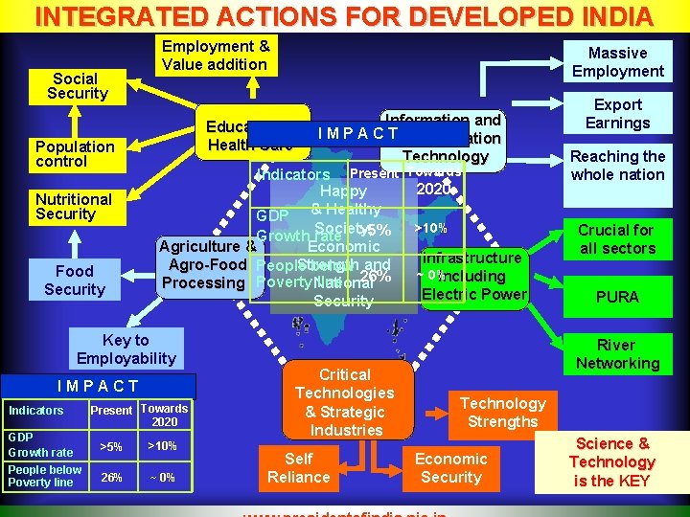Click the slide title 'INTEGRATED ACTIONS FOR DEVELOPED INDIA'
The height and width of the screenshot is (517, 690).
click(x=344, y=16)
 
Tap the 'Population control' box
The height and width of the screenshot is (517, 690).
click(x=75, y=153)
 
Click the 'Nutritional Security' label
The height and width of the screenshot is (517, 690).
click(x=74, y=207)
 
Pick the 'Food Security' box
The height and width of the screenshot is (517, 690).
click(x=75, y=281)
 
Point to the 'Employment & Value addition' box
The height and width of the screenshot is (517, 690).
click(x=216, y=56)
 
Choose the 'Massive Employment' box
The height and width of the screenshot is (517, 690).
click(x=617, y=62)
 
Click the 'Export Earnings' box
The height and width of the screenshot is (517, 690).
click(x=617, y=114)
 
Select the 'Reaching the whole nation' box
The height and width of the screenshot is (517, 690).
click(x=617, y=166)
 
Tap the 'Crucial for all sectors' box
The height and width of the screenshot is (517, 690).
click(x=616, y=239)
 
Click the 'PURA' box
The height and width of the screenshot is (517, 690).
click(x=616, y=297)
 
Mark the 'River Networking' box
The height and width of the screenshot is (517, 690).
click(x=616, y=354)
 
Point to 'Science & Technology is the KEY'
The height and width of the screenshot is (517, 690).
click(x=611, y=461)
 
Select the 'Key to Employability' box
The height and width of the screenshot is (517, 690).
click(x=126, y=349)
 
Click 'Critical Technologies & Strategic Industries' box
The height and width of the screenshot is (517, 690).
click(x=345, y=402)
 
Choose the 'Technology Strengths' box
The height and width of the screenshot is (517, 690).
click(x=502, y=413)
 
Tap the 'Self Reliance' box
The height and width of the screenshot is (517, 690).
click(x=299, y=468)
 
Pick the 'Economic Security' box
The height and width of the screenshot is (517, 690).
click(x=450, y=468)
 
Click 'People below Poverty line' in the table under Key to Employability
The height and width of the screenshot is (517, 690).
click(x=45, y=476)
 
